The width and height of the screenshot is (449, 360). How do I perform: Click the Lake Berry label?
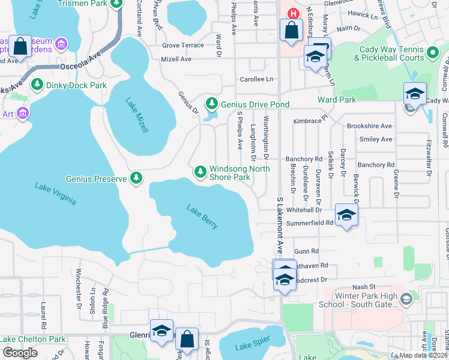tap(202, 217)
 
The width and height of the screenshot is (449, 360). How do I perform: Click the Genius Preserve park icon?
tap(137, 178)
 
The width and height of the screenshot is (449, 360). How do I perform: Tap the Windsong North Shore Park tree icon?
tap(200, 172)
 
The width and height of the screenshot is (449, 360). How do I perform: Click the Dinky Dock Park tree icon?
tap(37, 85)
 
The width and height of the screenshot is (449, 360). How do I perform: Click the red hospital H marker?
tap(294, 14)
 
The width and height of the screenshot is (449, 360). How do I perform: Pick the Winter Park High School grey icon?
tap(406, 299)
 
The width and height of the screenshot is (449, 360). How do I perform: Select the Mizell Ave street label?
tap(176, 59)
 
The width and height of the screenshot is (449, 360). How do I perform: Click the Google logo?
tap(20, 353)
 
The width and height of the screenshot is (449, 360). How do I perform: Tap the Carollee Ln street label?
tap(257, 79)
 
